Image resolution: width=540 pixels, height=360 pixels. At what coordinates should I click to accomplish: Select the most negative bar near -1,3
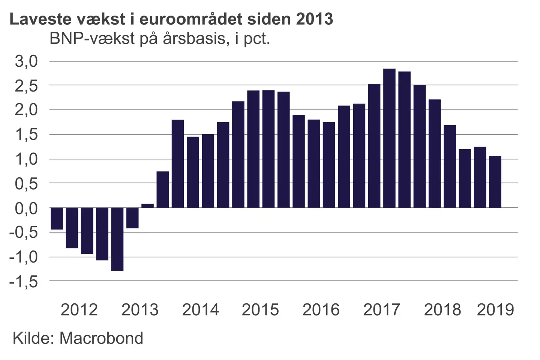[x=117, y=239]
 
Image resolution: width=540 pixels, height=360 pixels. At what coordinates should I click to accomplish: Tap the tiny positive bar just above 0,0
[x=147, y=205]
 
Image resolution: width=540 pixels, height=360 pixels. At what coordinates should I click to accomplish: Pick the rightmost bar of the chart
[x=495, y=182]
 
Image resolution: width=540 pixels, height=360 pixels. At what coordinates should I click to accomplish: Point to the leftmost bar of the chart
[x=57, y=218]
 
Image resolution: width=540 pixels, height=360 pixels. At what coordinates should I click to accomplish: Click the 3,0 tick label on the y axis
[x=27, y=61]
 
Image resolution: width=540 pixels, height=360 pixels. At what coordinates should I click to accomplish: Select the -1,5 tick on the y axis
[x=24, y=281]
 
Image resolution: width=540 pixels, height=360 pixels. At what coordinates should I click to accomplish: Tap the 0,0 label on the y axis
[x=27, y=208]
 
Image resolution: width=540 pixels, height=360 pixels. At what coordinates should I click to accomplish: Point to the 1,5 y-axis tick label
[x=27, y=135]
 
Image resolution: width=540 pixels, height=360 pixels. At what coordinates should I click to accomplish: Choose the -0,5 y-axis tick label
[x=24, y=232]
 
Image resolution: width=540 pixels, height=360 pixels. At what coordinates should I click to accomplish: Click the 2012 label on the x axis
[x=79, y=310]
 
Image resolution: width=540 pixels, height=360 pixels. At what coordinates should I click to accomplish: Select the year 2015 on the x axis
[x=260, y=310]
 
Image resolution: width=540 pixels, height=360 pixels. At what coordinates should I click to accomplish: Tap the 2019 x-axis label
[x=495, y=310]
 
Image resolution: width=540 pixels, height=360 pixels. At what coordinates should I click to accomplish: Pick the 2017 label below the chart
[x=382, y=310]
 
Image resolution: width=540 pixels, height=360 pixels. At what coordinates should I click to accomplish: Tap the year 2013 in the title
[x=315, y=19]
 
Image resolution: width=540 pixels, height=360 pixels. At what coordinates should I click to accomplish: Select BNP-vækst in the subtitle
[x=92, y=39]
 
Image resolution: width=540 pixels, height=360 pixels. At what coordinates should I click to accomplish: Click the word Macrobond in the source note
[x=101, y=338]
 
